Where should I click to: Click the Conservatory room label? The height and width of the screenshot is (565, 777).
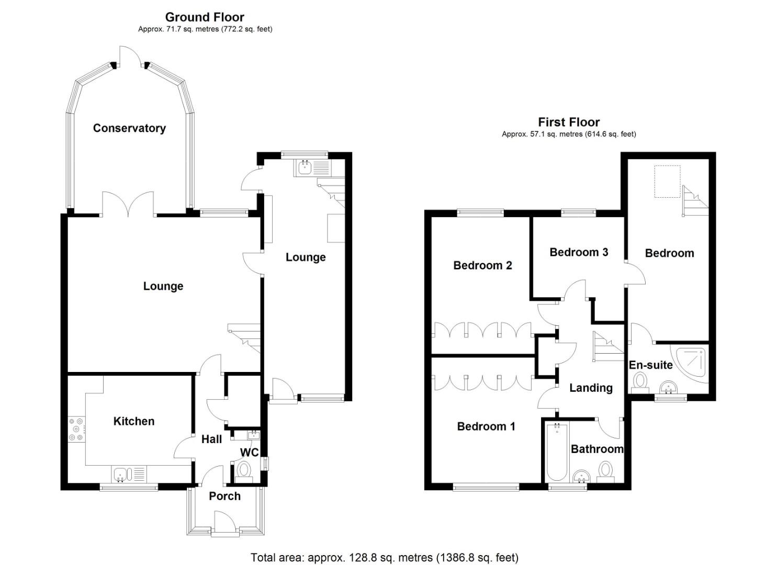point(129,128)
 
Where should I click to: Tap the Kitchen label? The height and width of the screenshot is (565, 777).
point(134,421)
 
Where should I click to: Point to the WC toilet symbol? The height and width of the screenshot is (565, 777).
point(243,470)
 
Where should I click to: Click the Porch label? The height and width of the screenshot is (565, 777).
point(224,496)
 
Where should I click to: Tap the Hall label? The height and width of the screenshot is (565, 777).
point(211,439)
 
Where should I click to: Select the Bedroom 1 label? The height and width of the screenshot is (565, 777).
point(486,426)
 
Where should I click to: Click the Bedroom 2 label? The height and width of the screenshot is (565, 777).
point(482,265)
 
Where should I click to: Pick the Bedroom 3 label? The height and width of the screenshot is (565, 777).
point(579,252)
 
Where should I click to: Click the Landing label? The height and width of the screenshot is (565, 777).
point(591,388)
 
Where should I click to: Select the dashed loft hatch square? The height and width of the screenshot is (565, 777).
point(667,182)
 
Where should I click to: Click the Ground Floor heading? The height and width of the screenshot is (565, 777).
point(205,17)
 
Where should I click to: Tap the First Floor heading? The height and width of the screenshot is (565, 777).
point(569,122)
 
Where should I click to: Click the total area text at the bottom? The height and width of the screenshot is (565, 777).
point(385,558)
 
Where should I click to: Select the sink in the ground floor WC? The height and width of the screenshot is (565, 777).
point(254,434)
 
